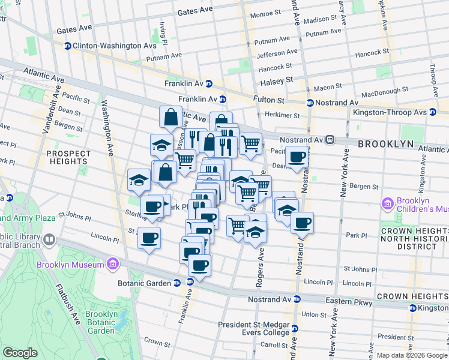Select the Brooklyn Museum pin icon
point(112,264)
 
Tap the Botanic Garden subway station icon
point(177,283)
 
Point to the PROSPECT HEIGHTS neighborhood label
point(68,157)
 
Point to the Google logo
point(20,353)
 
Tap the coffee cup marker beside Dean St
point(296,157)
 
